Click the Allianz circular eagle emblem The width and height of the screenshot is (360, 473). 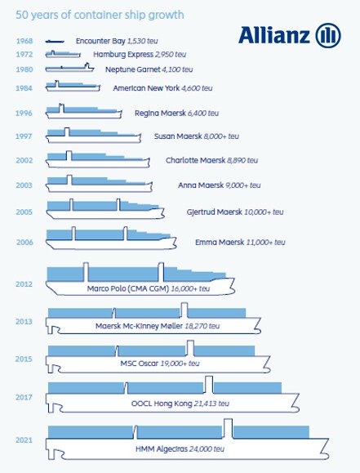(328, 35)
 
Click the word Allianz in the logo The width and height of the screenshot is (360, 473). (274, 35)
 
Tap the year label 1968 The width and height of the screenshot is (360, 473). (24, 41)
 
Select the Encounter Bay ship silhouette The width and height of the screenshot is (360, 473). (55, 41)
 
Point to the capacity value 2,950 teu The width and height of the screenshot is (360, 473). (171, 55)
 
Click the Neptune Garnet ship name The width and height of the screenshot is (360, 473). (133, 69)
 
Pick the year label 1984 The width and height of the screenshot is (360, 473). (24, 88)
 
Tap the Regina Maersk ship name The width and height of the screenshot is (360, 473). (160, 113)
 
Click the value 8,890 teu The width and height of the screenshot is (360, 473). (242, 160)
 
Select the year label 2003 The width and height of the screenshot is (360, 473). (24, 185)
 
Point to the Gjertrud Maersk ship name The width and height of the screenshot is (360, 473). (215, 212)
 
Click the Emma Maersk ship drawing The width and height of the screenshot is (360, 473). (111, 239)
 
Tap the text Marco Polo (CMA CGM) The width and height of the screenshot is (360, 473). (128, 288)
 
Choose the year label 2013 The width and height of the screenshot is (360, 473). (24, 322)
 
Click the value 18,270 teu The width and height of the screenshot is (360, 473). (202, 326)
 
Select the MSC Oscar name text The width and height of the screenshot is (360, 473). (139, 364)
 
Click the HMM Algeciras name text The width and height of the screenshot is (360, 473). (162, 449)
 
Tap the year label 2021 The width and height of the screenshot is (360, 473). (24, 440)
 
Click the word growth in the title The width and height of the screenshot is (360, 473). (165, 15)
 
